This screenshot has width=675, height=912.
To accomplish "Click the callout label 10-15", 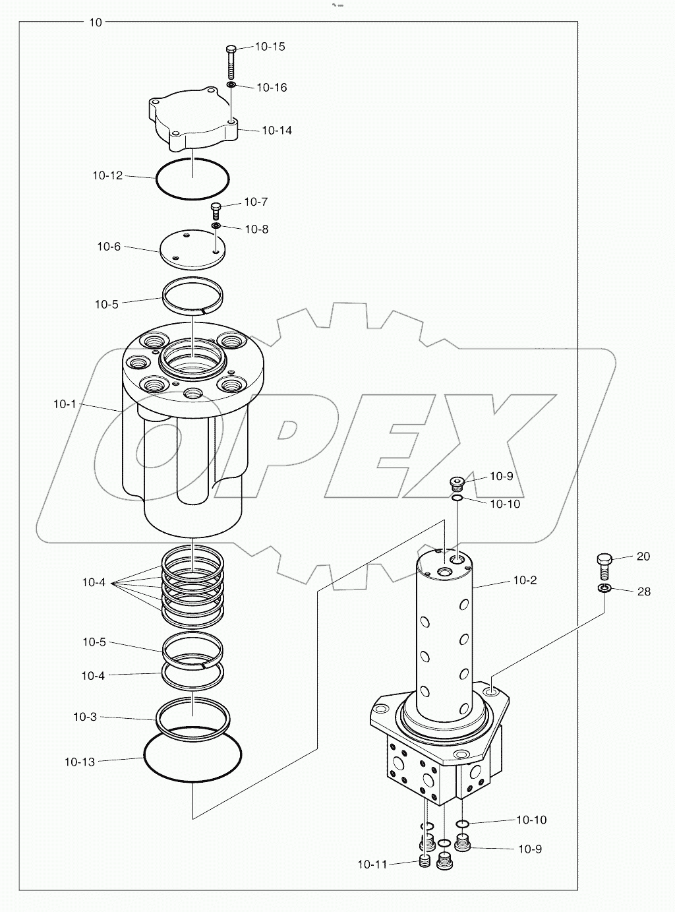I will point(270,47).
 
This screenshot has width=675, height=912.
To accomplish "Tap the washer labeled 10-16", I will point(231,86).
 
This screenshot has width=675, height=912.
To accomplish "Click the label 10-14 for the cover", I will point(277,131).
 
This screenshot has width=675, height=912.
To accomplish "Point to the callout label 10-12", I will point(107,175).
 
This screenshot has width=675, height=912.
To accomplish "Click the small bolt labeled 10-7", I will point(216,210).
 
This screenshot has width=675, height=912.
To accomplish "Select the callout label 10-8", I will point(256,229).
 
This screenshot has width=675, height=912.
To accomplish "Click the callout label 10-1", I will point(65,404).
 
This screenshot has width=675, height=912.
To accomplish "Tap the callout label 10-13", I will point(80,762).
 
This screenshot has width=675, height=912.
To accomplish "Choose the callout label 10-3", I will point(85,717).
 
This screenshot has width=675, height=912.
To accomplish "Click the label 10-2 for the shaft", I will point(525,580).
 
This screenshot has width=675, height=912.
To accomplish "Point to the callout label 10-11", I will point(372,864).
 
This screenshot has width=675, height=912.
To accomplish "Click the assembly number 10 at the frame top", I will point(96,22).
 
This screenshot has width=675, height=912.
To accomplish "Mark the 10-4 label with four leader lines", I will point(94,582).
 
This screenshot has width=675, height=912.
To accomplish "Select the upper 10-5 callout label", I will point(106,304).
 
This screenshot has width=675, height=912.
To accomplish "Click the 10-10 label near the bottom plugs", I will point(531,820).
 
